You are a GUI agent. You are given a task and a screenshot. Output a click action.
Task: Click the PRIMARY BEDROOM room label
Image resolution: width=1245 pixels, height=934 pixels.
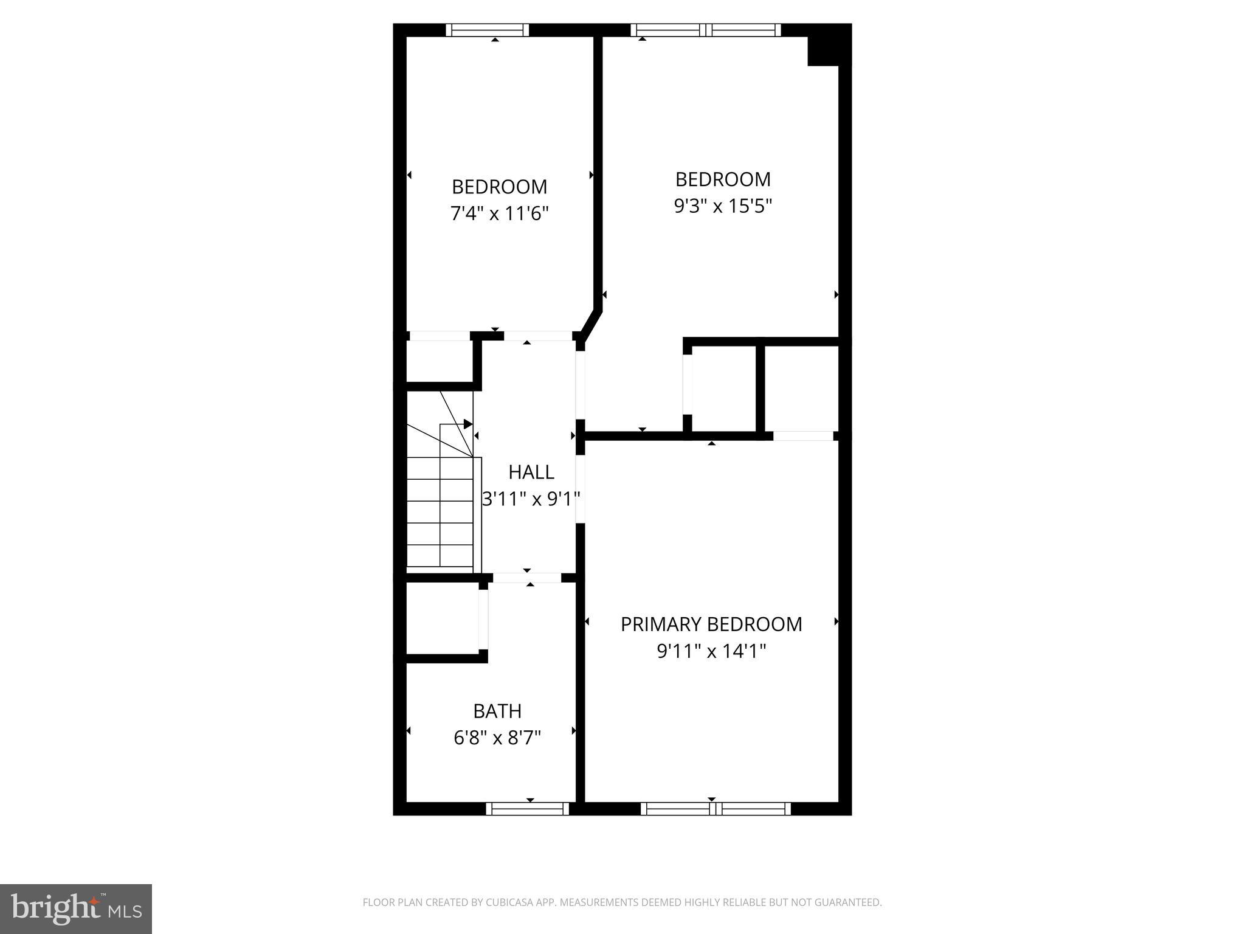[x=711, y=624]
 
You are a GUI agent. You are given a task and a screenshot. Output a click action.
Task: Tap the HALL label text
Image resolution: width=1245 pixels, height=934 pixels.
[x=531, y=472]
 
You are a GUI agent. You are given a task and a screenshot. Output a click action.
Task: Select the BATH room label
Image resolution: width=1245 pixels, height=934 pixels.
[x=497, y=711]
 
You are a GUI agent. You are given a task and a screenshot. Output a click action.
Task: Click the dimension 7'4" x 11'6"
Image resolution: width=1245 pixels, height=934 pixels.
[x=499, y=214]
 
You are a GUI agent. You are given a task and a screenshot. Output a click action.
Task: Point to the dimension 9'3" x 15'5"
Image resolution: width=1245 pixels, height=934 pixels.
[x=723, y=207]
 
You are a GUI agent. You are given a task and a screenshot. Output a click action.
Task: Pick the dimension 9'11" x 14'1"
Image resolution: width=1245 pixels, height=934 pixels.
[x=711, y=652]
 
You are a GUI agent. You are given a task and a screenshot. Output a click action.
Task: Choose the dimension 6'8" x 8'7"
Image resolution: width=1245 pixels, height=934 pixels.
[x=497, y=738]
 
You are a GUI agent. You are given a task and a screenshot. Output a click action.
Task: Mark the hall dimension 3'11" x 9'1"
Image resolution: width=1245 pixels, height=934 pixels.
[x=531, y=499]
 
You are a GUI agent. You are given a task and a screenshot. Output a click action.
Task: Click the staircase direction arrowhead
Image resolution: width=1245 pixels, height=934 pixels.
[x=468, y=424]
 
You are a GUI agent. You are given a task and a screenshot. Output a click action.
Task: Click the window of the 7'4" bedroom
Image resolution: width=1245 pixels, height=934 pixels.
[x=488, y=30]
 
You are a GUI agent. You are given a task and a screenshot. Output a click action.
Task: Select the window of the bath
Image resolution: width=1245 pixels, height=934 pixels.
[x=527, y=809]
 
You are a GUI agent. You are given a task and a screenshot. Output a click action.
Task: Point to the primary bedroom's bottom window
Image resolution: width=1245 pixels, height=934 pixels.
[x=716, y=809]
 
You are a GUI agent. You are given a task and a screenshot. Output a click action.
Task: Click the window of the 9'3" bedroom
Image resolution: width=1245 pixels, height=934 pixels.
[x=706, y=30]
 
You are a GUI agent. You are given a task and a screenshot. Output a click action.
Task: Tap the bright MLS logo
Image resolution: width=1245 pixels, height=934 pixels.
[x=76, y=909]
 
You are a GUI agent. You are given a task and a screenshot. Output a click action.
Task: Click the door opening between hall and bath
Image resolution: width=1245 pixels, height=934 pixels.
[x=526, y=578]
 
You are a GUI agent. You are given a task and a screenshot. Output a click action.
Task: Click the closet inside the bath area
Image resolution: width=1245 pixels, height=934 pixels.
[x=442, y=618]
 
